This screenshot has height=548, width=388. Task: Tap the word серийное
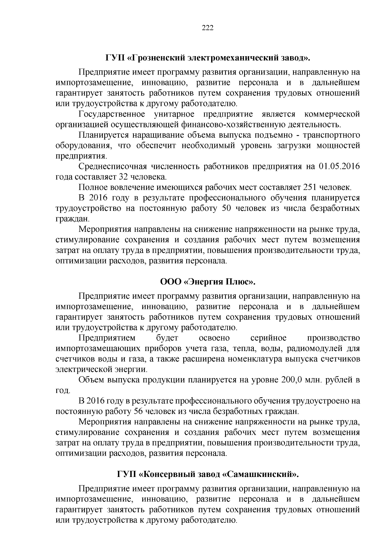pos(268,338)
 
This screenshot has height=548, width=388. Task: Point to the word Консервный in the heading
pos(165,475)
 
